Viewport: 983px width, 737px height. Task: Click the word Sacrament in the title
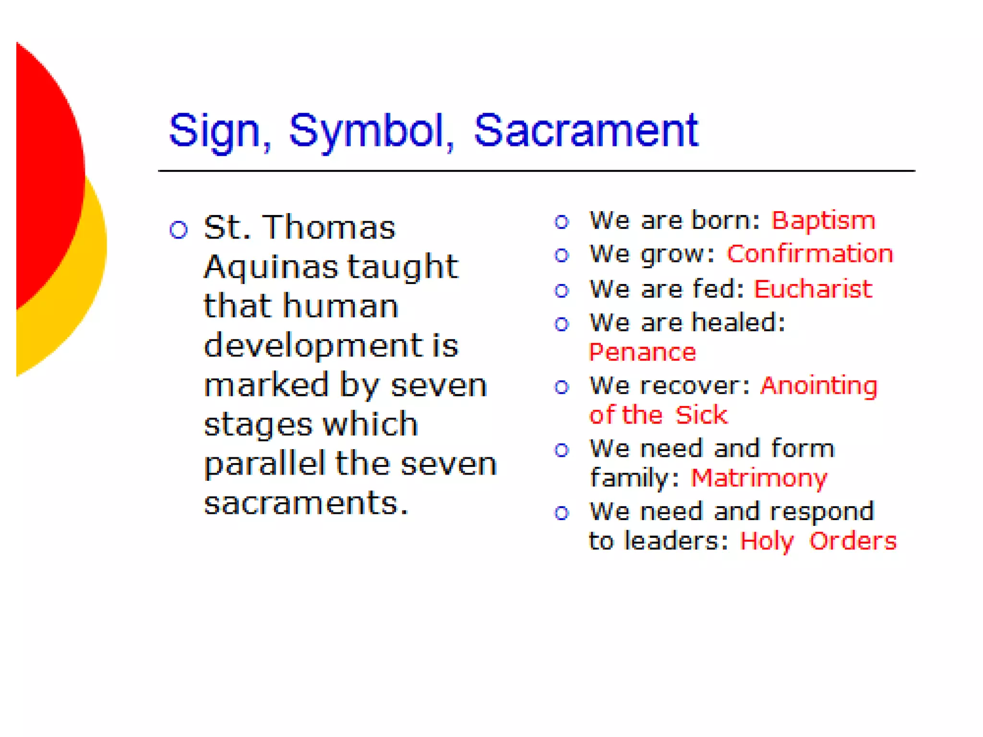pyautogui.click(x=586, y=131)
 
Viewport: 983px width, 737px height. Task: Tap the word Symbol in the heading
pyautogui.click(x=367, y=131)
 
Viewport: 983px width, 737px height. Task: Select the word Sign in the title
pyautogui.click(x=215, y=131)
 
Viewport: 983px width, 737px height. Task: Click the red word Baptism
pyautogui.click(x=823, y=221)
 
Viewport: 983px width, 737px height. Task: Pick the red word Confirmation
pyautogui.click(x=810, y=254)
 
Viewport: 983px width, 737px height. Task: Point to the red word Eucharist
pyautogui.click(x=813, y=289)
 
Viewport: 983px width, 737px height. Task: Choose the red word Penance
pyautogui.click(x=642, y=353)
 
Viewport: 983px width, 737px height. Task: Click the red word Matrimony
pyautogui.click(x=759, y=478)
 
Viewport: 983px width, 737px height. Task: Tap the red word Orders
pyautogui.click(x=853, y=541)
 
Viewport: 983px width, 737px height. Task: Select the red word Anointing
pyautogui.click(x=819, y=386)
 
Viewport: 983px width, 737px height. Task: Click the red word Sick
pyautogui.click(x=701, y=415)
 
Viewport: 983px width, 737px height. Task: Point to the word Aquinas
pyautogui.click(x=271, y=267)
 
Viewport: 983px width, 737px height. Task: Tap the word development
pyautogui.click(x=313, y=346)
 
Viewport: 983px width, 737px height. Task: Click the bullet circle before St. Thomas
pyautogui.click(x=179, y=230)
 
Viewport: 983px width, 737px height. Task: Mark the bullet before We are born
pyautogui.click(x=562, y=222)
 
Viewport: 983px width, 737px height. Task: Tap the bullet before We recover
pyautogui.click(x=562, y=387)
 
